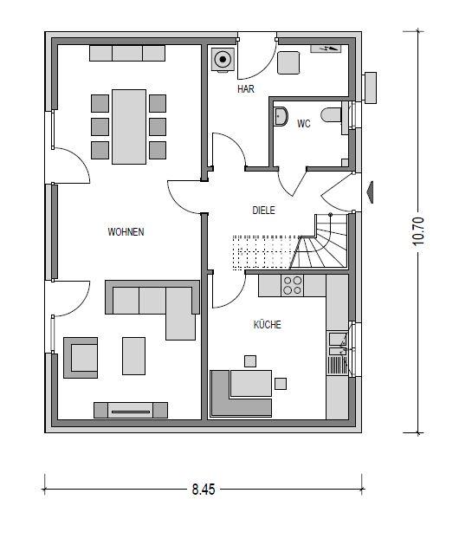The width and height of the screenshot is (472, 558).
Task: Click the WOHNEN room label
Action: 126,232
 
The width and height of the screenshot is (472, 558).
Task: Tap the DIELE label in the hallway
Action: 263,210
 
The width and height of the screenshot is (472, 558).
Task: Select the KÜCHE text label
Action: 267,325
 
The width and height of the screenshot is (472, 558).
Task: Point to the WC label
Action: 303,124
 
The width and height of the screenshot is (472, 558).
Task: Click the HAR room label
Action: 245,88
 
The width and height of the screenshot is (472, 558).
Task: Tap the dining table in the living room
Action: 128,127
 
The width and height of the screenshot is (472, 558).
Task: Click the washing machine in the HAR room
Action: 222,60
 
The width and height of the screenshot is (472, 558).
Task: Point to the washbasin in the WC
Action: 281,117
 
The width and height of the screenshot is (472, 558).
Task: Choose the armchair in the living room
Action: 83,357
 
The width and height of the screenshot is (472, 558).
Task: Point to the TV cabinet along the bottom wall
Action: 130,410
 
